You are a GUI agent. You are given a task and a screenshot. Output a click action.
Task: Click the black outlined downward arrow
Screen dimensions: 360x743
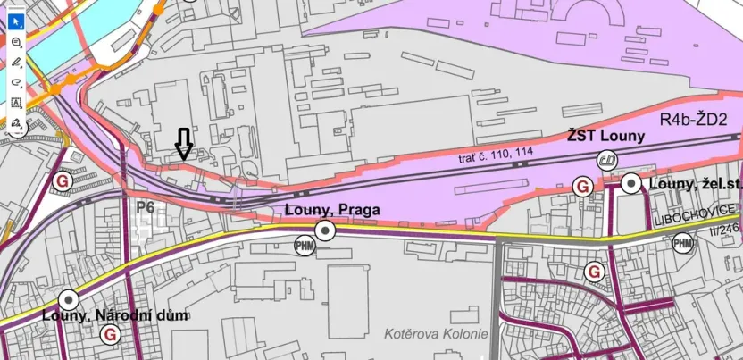[x=183, y=143]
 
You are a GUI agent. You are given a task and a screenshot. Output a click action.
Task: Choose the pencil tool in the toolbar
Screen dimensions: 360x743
[x=16, y=61]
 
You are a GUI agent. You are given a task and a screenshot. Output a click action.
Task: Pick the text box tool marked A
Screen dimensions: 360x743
[x=16, y=103]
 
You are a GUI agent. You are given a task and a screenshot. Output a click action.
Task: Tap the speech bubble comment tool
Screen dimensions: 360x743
[x=16, y=41]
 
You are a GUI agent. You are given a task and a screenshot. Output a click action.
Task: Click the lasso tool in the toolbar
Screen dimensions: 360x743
[x=16, y=81]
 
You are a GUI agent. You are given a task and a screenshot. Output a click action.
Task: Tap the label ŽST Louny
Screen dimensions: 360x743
[x=605, y=136]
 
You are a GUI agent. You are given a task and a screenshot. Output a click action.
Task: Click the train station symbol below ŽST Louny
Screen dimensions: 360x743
[x=606, y=159]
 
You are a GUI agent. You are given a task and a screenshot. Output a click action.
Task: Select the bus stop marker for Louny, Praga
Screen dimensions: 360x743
[x=327, y=231]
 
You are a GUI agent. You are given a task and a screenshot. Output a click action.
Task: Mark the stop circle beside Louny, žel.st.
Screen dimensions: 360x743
[x=631, y=185]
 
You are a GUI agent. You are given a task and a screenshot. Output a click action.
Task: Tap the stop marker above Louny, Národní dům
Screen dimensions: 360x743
[x=67, y=299]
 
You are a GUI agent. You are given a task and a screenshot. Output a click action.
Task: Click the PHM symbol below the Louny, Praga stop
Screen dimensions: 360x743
[x=305, y=245]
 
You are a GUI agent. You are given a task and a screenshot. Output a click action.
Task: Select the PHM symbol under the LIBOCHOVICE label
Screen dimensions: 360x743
[x=682, y=243]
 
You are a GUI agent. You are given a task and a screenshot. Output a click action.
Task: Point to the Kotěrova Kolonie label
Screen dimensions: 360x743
[x=436, y=334]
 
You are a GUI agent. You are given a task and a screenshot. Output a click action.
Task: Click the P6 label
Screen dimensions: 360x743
[x=146, y=207]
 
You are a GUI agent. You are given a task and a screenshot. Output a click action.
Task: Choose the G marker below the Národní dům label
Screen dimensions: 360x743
[x=111, y=334]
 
